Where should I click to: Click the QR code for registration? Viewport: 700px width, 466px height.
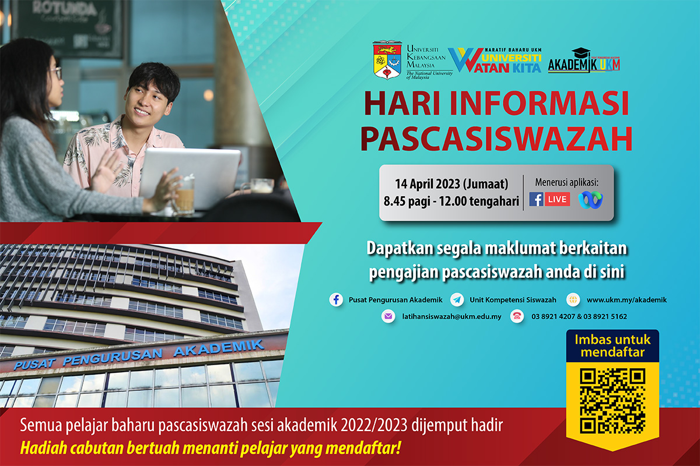point(612,400)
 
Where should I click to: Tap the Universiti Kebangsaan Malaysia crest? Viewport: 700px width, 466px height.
point(388,59)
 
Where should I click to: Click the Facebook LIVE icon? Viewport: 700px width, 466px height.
point(549,199)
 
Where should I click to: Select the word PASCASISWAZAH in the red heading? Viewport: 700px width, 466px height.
point(496,140)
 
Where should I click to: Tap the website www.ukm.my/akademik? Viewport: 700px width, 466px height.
point(626,300)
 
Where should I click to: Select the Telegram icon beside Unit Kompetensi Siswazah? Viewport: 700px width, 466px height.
point(458,300)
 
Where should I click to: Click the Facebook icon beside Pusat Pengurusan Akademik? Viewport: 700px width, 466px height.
point(336,300)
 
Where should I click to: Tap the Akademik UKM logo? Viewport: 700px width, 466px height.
point(583,61)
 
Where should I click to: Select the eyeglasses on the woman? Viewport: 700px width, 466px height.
point(55,73)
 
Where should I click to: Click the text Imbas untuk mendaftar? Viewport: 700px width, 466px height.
point(612,345)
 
